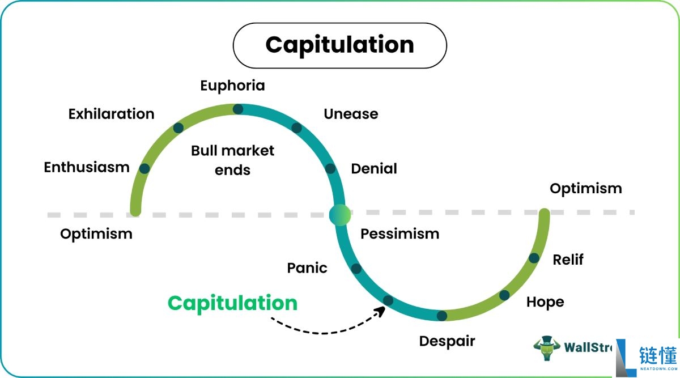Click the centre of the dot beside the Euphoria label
coord(238,109)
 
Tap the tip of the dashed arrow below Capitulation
coord(385,307)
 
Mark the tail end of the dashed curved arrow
coord(271,318)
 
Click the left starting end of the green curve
coord(135,211)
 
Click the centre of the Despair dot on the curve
coord(441,316)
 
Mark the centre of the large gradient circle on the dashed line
coord(340,215)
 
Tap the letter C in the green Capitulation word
coord(176,303)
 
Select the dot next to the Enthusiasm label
coord(144,168)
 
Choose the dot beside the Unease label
coord(296,128)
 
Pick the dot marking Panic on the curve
coord(356,269)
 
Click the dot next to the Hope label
coord(504,295)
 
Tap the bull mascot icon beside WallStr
coord(547,348)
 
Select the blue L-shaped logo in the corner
coord(626,358)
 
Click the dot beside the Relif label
coord(534,258)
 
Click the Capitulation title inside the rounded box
coord(339,45)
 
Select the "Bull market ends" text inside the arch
coord(232,160)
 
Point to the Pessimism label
coord(400,234)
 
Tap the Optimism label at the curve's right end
coord(586,189)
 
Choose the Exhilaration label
coord(112,114)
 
